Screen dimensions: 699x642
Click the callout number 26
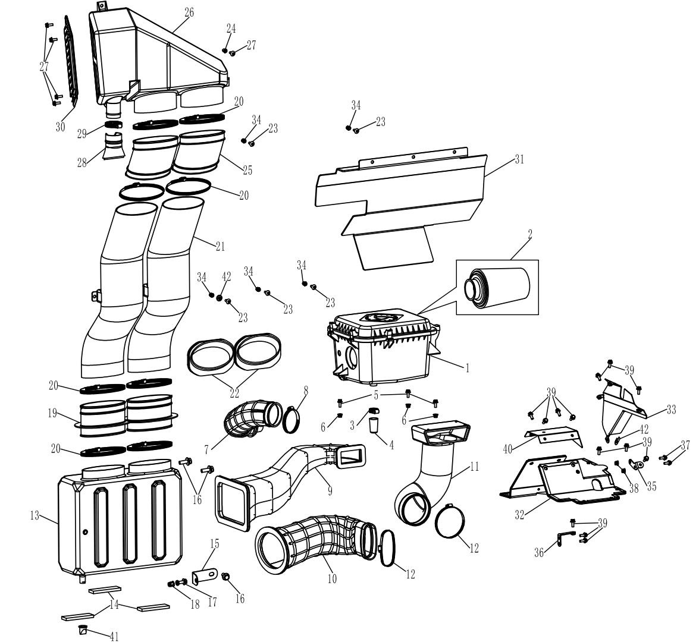pos(189,12)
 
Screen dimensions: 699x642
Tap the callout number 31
pos(519,159)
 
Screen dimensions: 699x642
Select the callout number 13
pos(35,516)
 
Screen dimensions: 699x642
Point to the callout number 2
pos(529,234)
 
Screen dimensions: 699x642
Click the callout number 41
pos(114,637)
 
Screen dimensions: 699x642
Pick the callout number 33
pos(671,410)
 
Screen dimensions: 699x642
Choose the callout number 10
pos(332,579)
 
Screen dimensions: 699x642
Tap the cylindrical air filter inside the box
pos(497,287)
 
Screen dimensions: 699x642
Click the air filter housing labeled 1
pos(383,348)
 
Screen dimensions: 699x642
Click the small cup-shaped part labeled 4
pos(374,425)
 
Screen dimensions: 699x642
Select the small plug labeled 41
pos(82,630)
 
